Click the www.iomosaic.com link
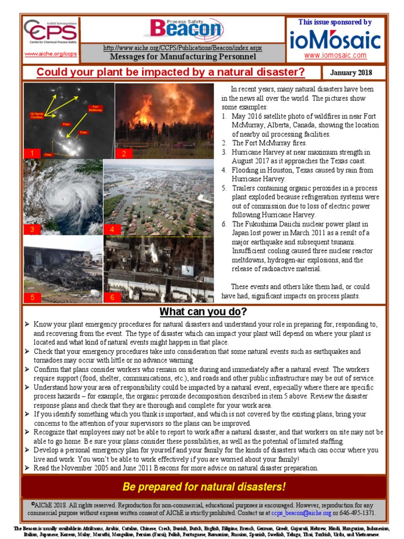coord(335,55)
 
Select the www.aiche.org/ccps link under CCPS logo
coord(50,54)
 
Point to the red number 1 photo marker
coord(32,154)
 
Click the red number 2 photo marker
coord(124,154)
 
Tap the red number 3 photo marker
coord(32,229)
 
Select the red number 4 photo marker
coord(112,229)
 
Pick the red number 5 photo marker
coord(32,297)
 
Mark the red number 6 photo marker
coord(112,297)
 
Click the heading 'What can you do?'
coord(203,312)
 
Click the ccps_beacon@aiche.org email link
coord(301,513)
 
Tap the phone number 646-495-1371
coord(358,513)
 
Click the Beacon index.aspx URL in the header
coord(183,47)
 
